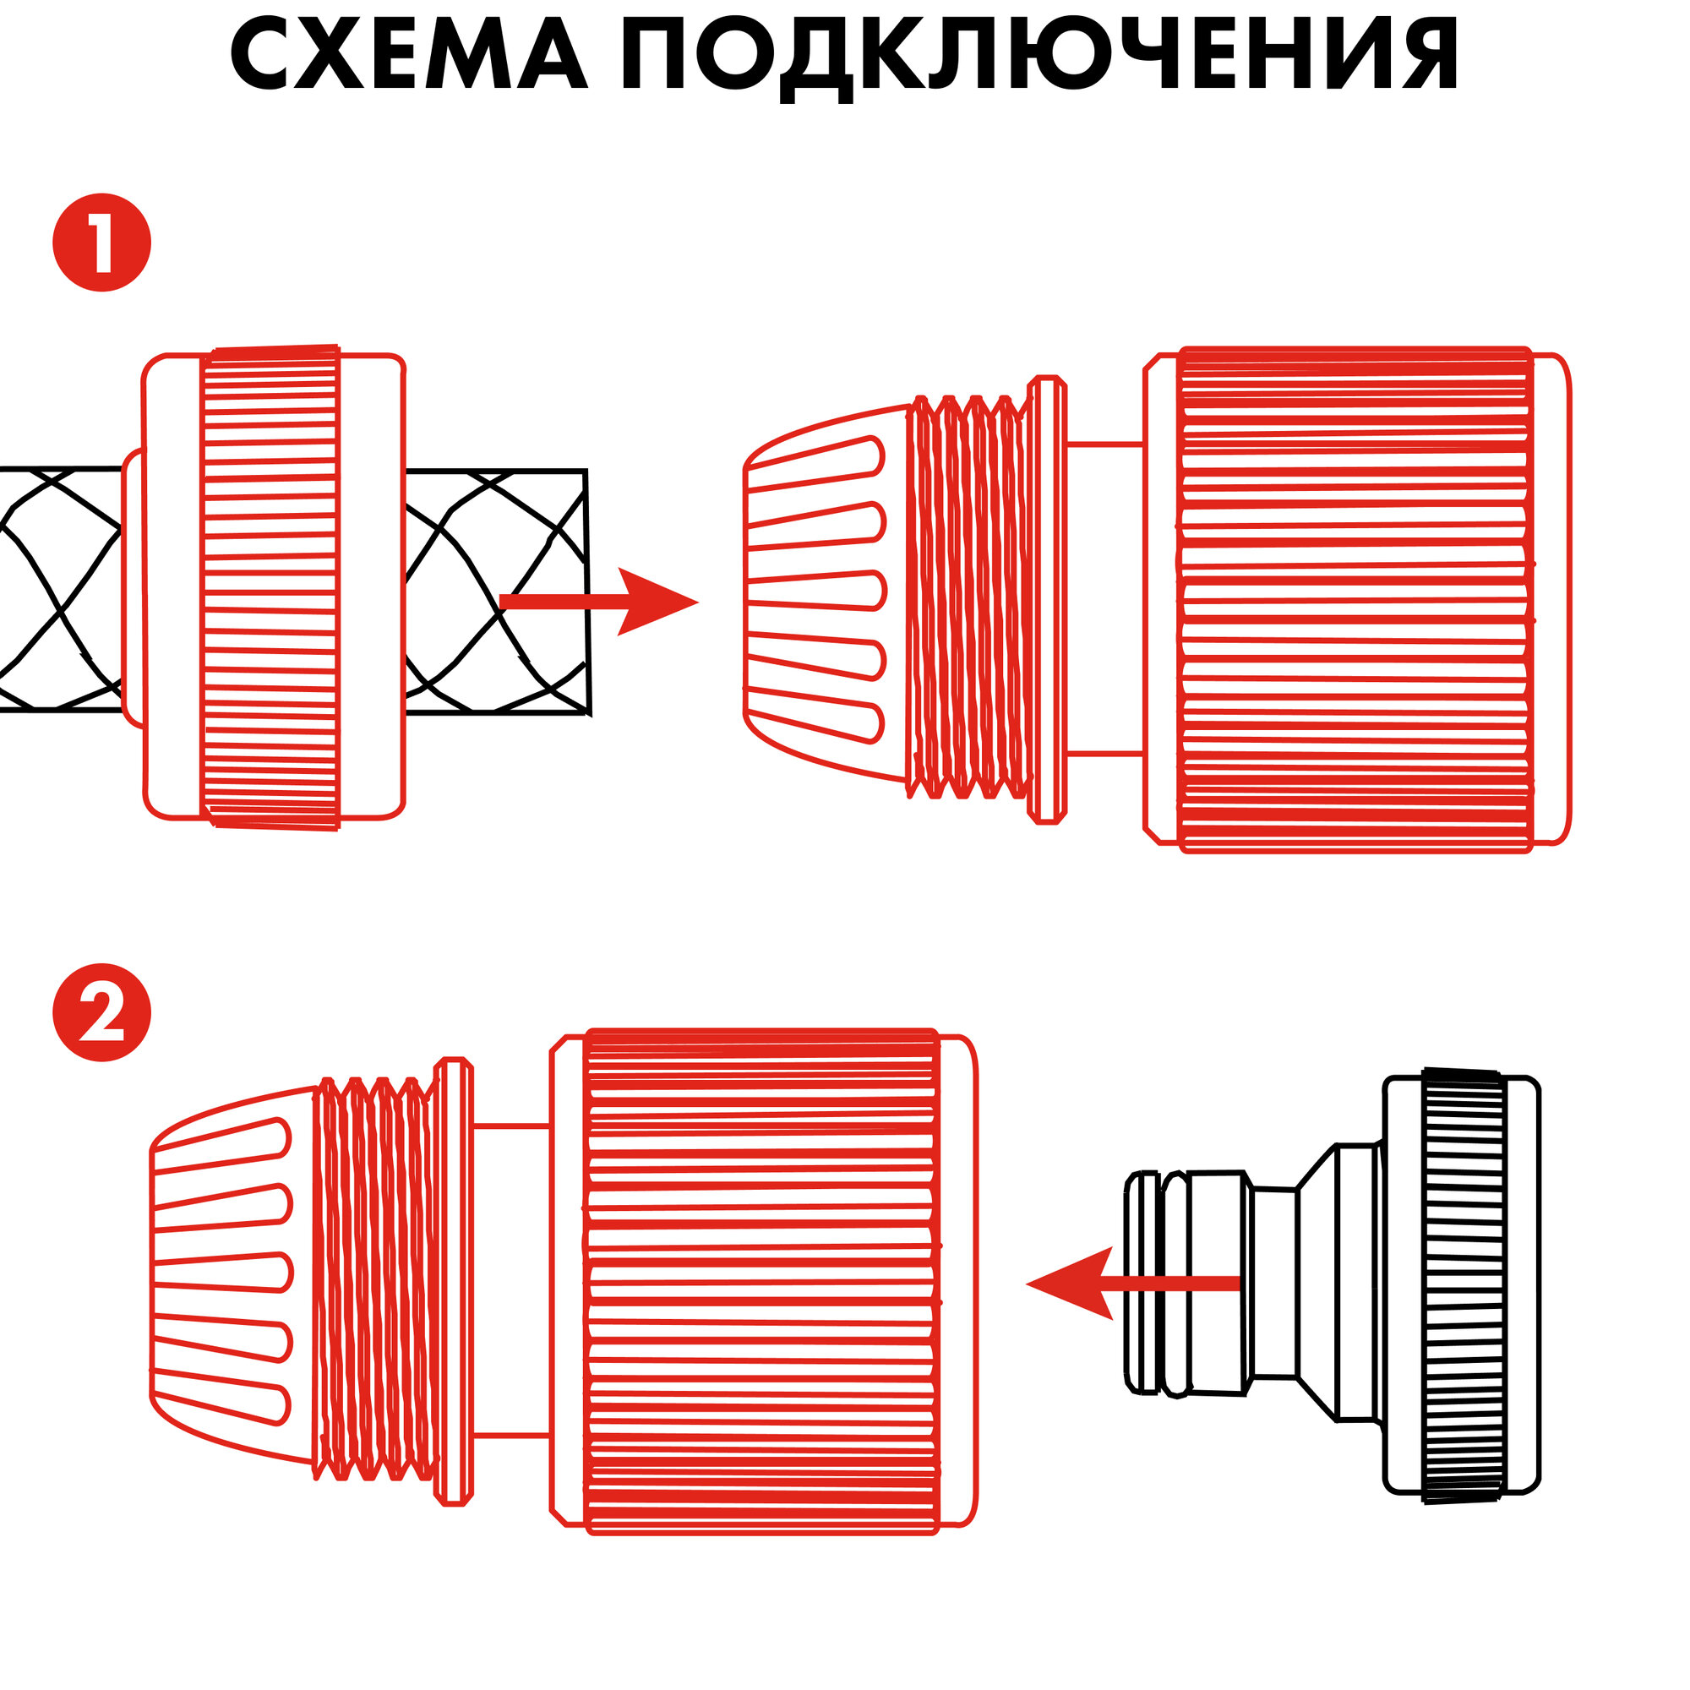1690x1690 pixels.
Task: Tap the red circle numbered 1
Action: [x=102, y=243]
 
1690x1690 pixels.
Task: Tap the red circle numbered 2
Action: [x=102, y=1013]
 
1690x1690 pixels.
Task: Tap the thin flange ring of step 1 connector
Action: [x=1047, y=599]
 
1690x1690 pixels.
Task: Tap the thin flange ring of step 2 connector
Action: [x=453, y=1282]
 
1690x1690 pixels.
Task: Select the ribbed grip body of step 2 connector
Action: [x=761, y=1282]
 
